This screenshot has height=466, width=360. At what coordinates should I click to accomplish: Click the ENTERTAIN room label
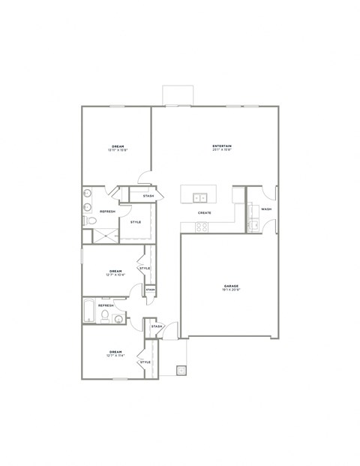(x=221, y=145)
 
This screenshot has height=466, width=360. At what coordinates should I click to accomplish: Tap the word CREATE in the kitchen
(x=204, y=213)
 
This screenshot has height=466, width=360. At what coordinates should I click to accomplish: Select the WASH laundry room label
(x=266, y=209)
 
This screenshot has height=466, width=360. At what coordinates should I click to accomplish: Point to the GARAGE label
(x=231, y=286)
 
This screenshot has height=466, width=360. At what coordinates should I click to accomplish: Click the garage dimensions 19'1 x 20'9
(x=231, y=290)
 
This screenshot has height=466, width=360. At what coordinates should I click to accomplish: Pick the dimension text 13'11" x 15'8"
(x=118, y=150)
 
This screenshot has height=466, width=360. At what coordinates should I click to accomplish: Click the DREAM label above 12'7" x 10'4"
(x=115, y=271)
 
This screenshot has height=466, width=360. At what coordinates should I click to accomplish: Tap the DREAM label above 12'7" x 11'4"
(x=115, y=351)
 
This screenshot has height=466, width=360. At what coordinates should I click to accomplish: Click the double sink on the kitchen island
(x=199, y=198)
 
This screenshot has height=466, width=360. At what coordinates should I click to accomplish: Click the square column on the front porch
(x=181, y=370)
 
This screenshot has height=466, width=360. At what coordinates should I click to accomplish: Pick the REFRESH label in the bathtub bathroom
(x=106, y=305)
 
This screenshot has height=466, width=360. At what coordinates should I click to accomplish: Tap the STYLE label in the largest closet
(x=136, y=222)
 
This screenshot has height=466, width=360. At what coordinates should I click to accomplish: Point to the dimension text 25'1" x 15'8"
(x=221, y=149)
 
